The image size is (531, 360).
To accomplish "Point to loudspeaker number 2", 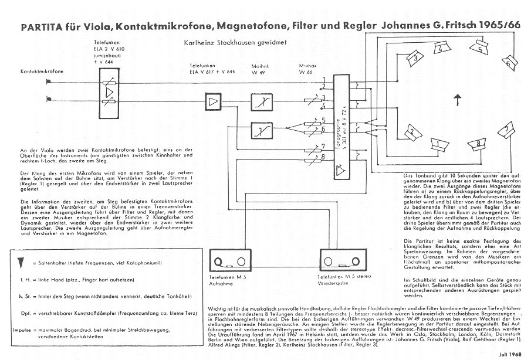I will (x=412, y=130).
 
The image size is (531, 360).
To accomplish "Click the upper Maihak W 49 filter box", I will (x=260, y=102).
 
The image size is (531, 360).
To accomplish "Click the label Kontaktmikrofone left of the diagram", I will (x=42, y=72).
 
